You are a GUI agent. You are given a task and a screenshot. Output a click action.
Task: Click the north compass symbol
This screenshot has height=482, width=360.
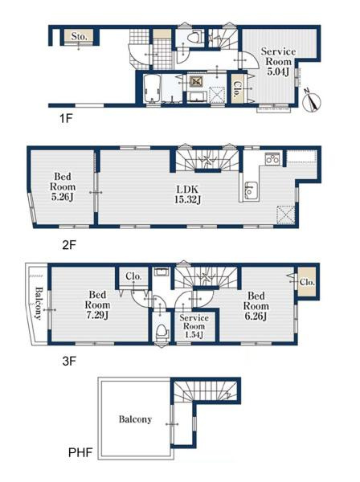coord(312,100)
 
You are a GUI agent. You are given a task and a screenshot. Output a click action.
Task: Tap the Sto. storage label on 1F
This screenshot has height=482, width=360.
coord(79,37)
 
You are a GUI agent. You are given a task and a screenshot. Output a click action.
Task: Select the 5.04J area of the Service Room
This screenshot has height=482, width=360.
coord(278,72)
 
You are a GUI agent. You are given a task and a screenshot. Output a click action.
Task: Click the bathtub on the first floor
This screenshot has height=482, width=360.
coord(152,88)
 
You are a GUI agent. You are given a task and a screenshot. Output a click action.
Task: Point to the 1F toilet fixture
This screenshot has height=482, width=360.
coord(194,38)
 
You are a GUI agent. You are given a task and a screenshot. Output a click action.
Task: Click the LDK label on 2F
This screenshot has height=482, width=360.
coord(187,190)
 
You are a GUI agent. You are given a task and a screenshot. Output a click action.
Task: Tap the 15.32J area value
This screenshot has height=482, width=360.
coord(187,200)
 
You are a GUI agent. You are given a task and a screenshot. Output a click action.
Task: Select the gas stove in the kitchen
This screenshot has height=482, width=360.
coord(272,159)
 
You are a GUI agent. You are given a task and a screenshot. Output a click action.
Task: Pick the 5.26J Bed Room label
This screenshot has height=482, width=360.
coord(63,186)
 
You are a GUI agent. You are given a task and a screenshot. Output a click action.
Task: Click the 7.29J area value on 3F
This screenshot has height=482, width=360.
coord(97,315)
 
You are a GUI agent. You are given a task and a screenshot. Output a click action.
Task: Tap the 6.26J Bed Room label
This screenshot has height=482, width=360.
coord(256,306)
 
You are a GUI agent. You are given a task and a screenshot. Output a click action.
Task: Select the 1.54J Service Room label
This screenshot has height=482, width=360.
coord(194,326)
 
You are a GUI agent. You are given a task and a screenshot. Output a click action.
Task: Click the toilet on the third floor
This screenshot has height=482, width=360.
coord(162,333)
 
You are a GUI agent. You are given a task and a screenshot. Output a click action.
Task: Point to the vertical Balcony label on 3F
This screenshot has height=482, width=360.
coord(39,303)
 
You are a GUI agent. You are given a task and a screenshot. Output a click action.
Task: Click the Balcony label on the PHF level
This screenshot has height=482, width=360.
coord(135,419)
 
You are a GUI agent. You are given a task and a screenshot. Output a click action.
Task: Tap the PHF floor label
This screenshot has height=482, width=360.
coord(80,452)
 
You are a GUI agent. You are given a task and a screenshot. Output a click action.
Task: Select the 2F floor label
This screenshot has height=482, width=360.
coord(69,245)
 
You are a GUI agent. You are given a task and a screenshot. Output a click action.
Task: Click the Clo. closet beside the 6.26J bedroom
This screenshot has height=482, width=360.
coord(307,282)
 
